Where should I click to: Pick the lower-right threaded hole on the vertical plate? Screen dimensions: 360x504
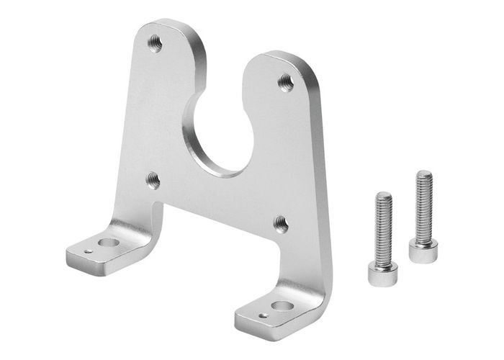tap(282, 223)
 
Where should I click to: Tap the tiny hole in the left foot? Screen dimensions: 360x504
tap(87, 252)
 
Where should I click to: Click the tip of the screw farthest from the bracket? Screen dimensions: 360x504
tap(424, 174)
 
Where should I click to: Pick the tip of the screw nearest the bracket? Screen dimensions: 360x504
tap(384, 195)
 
